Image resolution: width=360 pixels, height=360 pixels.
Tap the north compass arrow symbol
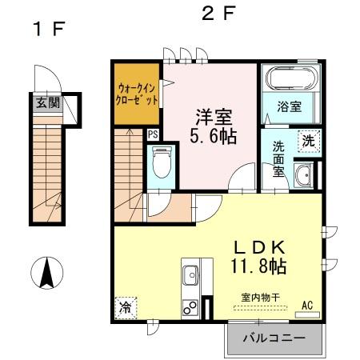click(x=47, y=274)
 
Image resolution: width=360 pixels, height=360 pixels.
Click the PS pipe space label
click(x=153, y=134)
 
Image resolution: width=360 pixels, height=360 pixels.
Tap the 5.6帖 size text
click(x=212, y=136)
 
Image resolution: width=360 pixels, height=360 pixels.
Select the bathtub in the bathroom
click(x=291, y=81)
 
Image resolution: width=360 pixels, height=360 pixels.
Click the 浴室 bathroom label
click(x=289, y=106)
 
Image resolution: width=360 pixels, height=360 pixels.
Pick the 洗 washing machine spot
click(x=308, y=140)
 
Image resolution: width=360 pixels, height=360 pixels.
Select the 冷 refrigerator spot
click(x=126, y=307)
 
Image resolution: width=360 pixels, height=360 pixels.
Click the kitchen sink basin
click(x=192, y=276)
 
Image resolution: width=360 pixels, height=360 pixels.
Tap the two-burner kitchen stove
click(x=192, y=306)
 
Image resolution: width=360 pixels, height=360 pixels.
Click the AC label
click(x=307, y=304)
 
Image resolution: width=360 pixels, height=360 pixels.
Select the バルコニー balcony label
click(x=274, y=338)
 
